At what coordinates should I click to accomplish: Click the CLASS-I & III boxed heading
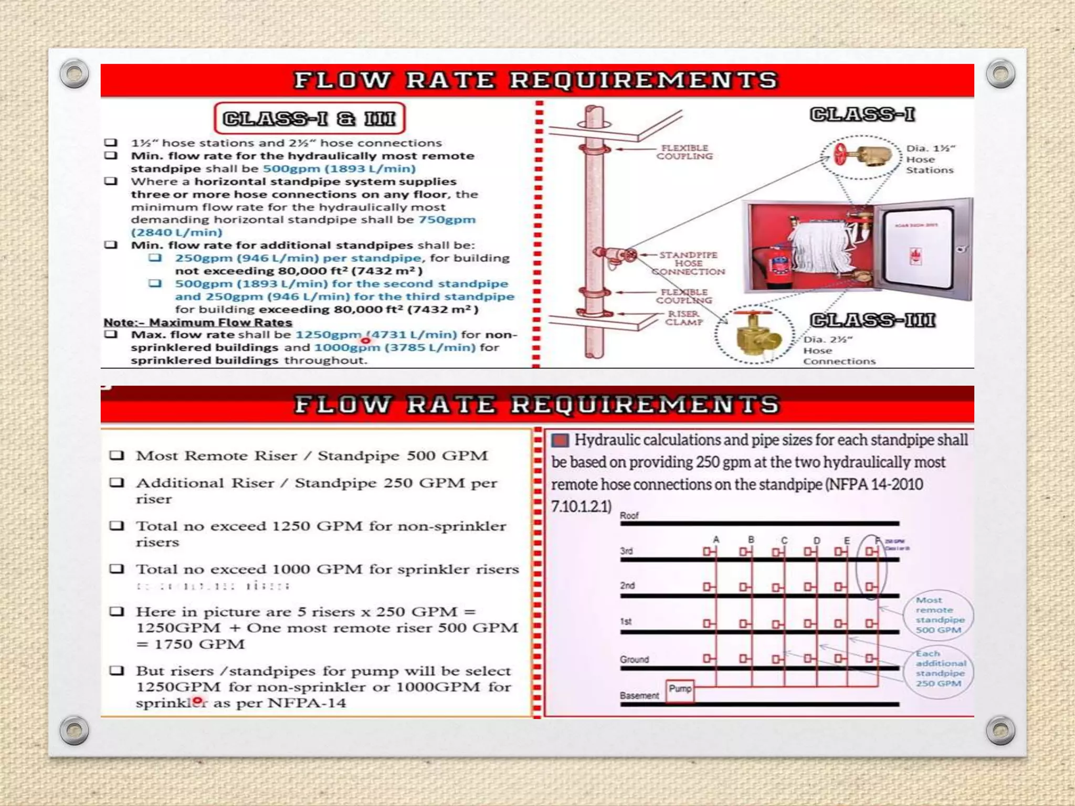coord(309,119)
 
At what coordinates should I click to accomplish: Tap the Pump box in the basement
coord(680,689)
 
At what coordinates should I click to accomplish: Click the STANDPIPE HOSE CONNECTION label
coord(688,263)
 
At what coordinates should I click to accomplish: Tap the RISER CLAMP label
coord(683,318)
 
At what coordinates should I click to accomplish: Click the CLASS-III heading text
coord(872,320)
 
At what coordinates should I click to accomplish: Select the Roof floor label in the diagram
coord(629,516)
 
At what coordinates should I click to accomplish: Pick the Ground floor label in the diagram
coord(634,660)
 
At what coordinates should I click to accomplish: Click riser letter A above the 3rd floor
coord(716,539)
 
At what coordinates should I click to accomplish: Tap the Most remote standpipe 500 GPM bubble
coord(939,615)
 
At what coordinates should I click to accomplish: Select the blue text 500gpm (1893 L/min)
coord(339,169)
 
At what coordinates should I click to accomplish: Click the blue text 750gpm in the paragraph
coord(447,220)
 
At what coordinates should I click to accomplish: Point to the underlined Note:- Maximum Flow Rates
coord(198,322)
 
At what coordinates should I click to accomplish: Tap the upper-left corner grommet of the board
coord(74,73)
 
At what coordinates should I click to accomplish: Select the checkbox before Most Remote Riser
coord(117,455)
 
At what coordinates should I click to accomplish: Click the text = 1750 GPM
coord(191,644)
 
